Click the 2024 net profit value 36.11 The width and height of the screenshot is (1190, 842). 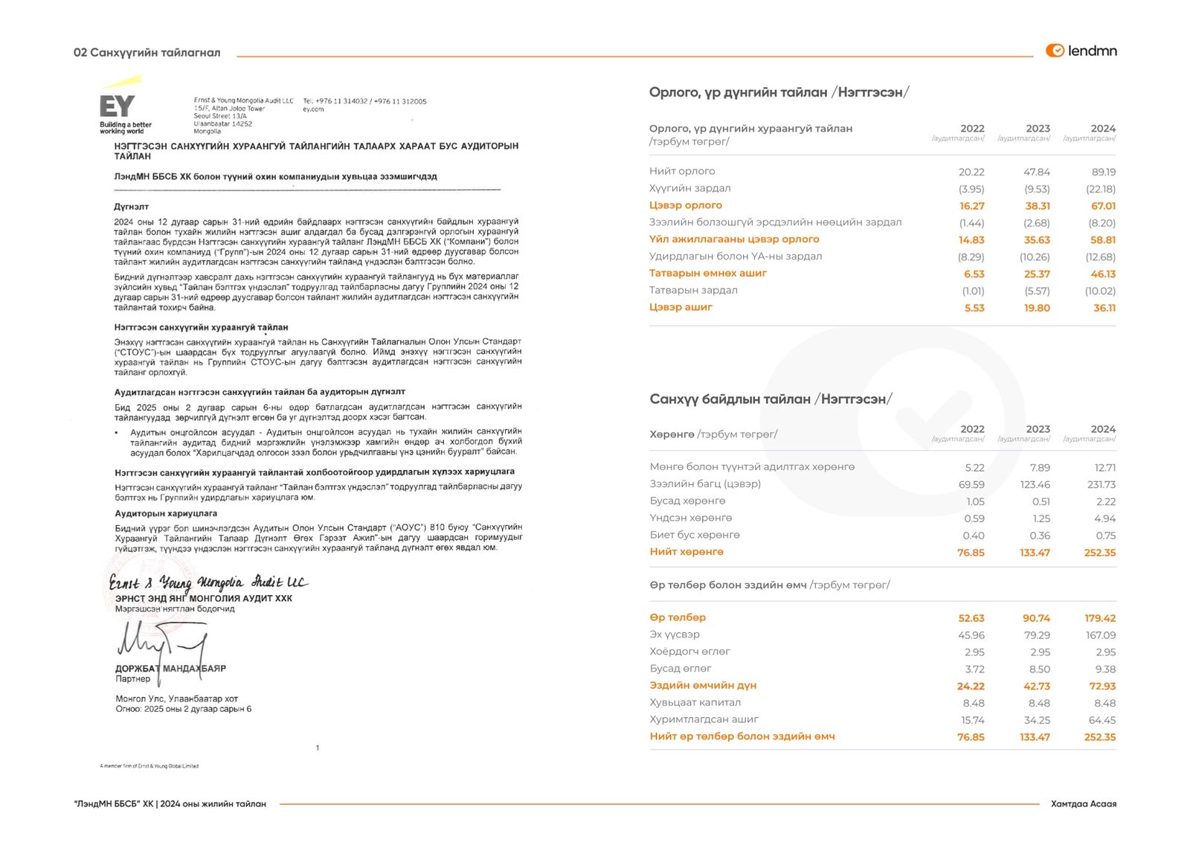(1104, 308)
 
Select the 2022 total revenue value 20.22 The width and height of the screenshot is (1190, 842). (971, 172)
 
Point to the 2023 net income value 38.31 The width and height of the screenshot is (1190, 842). (1037, 206)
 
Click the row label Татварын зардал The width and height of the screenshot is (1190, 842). (693, 290)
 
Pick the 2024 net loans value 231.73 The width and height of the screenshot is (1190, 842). (1101, 484)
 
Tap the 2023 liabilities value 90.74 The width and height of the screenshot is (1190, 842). (1036, 618)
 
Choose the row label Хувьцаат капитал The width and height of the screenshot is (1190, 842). (695, 702)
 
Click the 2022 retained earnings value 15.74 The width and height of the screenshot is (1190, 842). (972, 720)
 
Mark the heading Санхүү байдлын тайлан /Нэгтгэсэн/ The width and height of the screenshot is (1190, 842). (771, 399)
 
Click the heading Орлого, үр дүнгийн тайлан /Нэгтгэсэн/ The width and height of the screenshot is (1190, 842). (779, 92)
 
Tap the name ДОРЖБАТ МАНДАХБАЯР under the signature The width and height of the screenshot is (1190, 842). (170, 669)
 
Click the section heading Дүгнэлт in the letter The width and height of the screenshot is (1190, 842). (132, 206)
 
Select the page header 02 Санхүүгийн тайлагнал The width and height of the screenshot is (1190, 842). (147, 53)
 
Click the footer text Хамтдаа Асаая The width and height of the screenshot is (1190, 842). (1083, 804)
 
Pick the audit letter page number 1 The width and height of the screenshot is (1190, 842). (318, 748)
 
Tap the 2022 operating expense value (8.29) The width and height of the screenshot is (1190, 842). (971, 257)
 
